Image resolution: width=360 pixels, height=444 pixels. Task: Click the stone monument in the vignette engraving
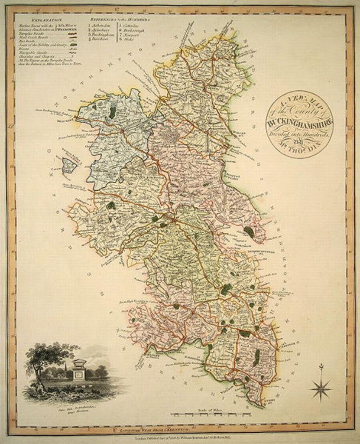coord(79,369)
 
